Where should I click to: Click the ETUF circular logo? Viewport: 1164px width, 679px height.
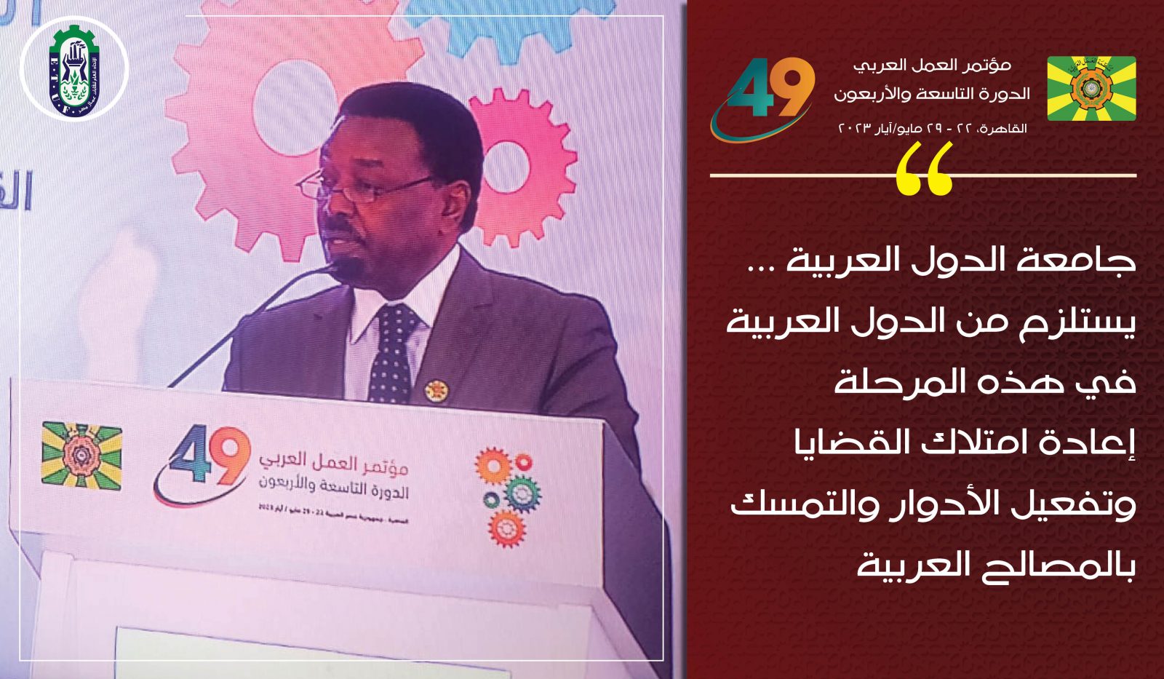(74, 70)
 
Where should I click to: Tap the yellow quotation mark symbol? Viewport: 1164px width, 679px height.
(924, 169)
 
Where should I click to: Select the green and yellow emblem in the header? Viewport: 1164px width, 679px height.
(1091, 88)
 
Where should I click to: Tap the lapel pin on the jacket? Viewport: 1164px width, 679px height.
(436, 391)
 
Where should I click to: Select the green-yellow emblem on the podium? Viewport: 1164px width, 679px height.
(81, 455)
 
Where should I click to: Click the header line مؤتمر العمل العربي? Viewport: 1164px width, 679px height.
(933, 65)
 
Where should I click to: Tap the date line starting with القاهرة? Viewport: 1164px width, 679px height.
(933, 128)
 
